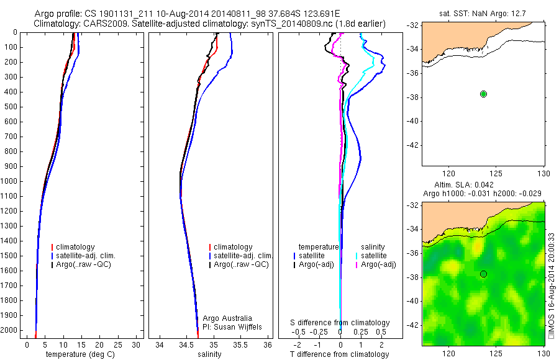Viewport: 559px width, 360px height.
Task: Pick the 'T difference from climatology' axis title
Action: [x=339, y=354]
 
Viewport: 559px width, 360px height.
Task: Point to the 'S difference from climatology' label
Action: [x=340, y=323]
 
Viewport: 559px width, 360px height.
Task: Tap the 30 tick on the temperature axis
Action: [x=137, y=344]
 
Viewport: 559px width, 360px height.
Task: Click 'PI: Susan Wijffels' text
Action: [x=233, y=326]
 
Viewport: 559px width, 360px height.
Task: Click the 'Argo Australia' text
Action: [x=227, y=318]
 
